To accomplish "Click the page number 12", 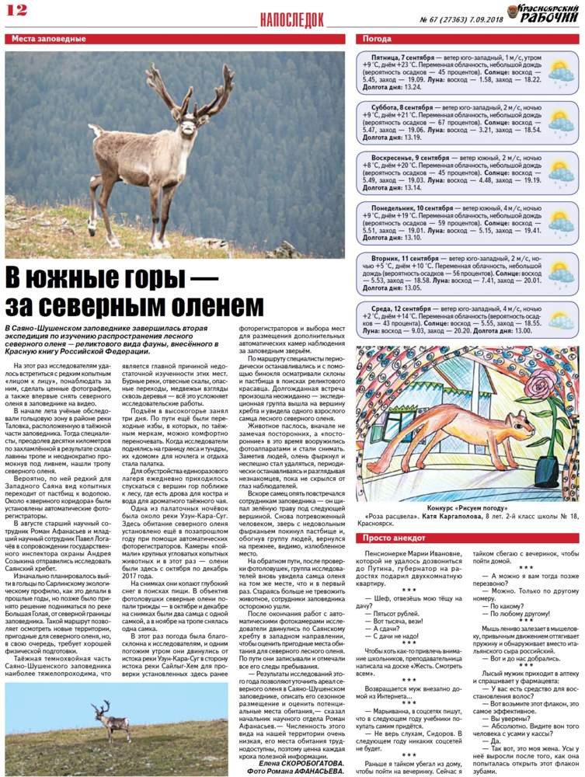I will pyautogui.click(x=16, y=10).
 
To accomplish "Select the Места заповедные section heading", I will pyautogui.click(x=45, y=38).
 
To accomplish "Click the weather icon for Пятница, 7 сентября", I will pyautogui.click(x=560, y=72).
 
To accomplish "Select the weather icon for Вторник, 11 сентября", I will pyautogui.click(x=560, y=272).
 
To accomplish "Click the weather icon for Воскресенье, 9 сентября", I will pyautogui.click(x=560, y=172).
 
